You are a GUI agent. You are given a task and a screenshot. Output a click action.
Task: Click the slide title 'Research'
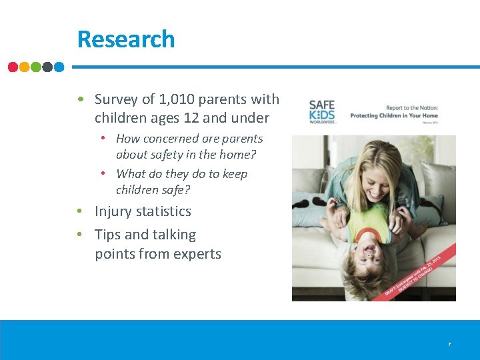pyautogui.click(x=125, y=39)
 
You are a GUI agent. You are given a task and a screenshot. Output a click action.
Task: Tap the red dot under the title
pyautogui.click(x=13, y=67)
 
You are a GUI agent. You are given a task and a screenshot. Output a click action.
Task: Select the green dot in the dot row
pyautogui.click(x=36, y=67)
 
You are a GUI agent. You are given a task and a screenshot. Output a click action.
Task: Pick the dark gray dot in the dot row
pyautogui.click(x=47, y=67)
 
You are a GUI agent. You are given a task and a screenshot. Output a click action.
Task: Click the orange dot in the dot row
pyautogui.click(x=25, y=67)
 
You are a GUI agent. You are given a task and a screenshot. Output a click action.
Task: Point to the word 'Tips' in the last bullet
pyautogui.click(x=108, y=235)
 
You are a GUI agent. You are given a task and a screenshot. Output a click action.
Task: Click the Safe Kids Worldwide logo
pyautogui.click(x=323, y=111)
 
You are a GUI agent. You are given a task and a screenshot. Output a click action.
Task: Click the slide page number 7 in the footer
pyautogui.click(x=449, y=344)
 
